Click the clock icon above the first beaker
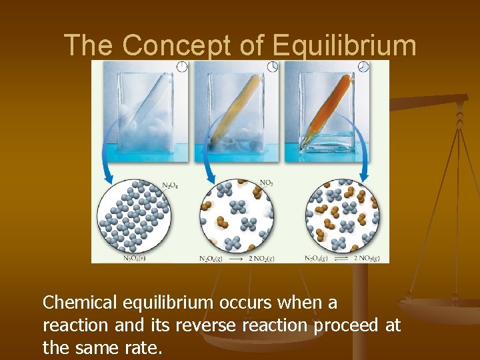tap(181, 66)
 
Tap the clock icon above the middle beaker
tap(272, 66)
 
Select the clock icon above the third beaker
tap(363, 66)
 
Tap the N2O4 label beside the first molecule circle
tap(171, 186)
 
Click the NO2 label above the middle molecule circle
tap(266, 182)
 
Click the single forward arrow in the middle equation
tap(235, 258)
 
